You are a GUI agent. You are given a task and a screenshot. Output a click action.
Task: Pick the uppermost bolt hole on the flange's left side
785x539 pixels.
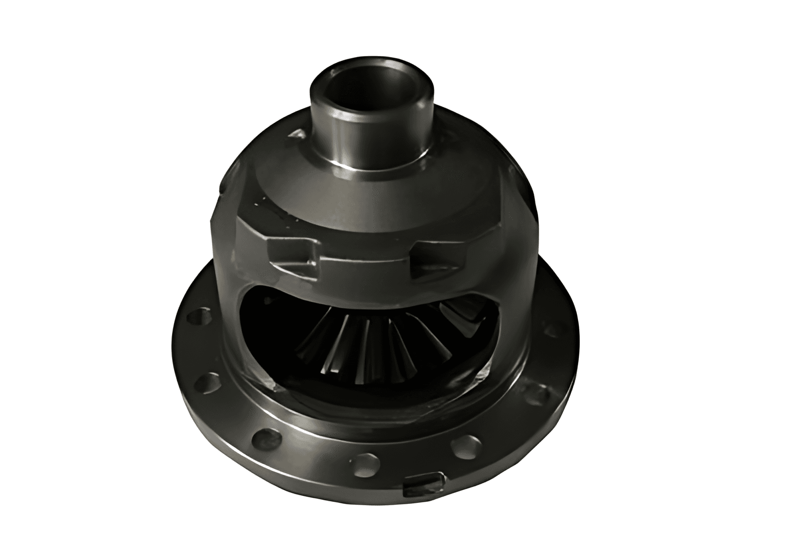197,316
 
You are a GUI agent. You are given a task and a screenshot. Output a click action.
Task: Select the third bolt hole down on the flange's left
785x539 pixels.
268,437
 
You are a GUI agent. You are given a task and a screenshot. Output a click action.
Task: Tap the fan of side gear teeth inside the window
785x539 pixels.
377,342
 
